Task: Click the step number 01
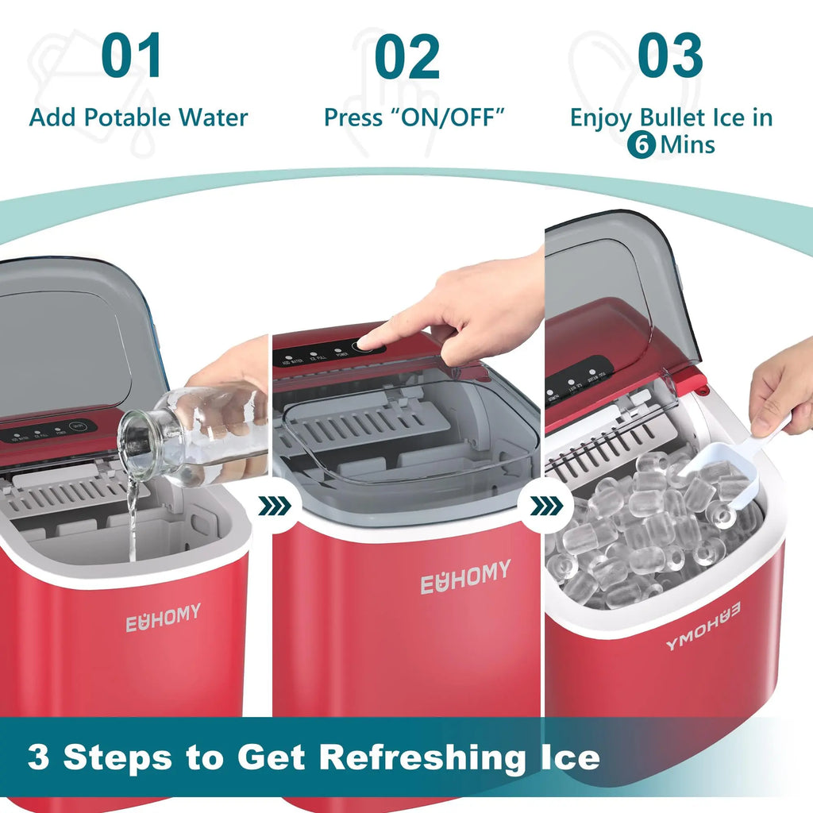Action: click(x=132, y=56)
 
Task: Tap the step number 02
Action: click(x=406, y=56)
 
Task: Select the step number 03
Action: click(x=671, y=56)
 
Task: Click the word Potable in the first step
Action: click(x=128, y=118)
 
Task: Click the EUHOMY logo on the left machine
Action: click(x=163, y=618)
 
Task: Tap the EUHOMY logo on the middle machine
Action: click(x=465, y=577)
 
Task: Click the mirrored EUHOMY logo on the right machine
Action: click(x=703, y=626)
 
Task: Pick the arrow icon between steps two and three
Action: click(x=545, y=505)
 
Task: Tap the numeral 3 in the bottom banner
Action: click(x=38, y=757)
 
